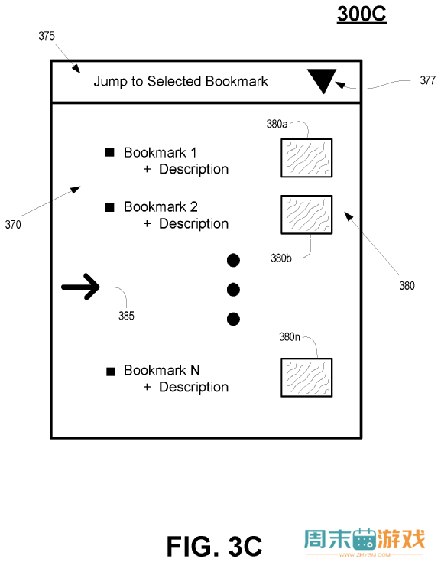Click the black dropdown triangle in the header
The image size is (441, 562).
322,80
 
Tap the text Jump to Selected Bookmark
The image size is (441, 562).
180,81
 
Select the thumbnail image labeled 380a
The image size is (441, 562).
306,158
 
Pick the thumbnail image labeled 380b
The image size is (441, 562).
306,215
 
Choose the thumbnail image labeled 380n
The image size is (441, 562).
306,378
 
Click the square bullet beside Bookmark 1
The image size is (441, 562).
110,152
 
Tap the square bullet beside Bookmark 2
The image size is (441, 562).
110,207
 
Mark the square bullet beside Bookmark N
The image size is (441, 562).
111,372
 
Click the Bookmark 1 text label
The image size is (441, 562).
161,153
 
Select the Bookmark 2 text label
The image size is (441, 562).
161,206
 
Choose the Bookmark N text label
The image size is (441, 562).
161,370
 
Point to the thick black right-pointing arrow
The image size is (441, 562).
80,287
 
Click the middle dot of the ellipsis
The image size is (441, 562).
233,290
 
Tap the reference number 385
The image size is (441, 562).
126,316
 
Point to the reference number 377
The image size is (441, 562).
428,80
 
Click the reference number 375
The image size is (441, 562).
47,36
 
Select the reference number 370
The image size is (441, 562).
13,225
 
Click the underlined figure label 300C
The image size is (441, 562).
362,14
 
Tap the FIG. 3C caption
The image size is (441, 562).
215,546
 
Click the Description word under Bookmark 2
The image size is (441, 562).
194,223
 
